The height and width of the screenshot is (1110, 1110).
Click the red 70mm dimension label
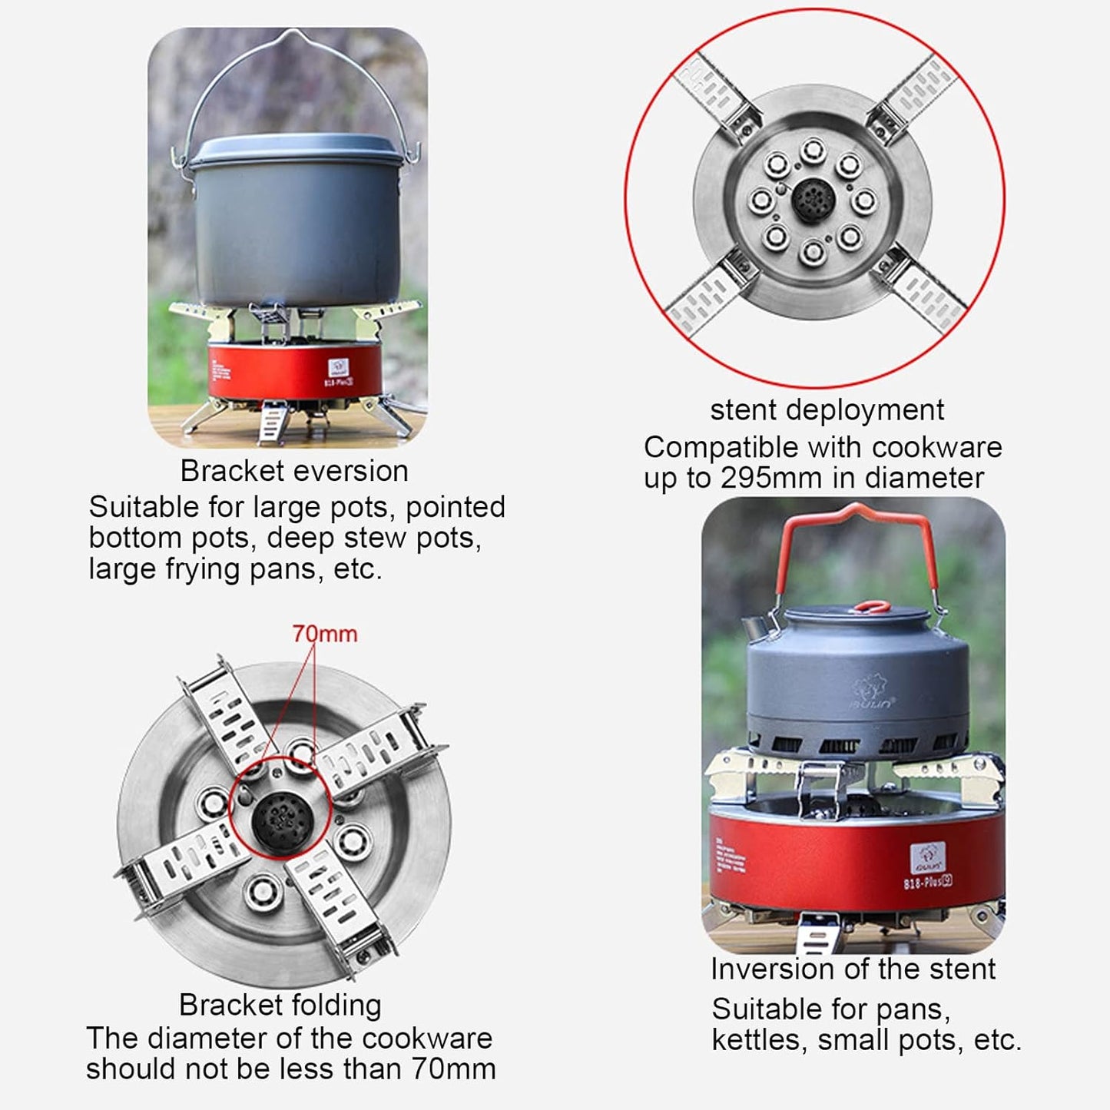click(324, 634)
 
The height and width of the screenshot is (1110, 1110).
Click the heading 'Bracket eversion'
click(294, 471)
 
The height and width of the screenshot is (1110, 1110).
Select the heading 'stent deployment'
click(827, 409)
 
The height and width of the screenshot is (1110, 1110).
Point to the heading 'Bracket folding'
click(280, 1005)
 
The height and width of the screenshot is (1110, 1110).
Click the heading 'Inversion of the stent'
click(853, 969)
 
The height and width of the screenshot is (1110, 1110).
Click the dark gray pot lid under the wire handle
click(300, 151)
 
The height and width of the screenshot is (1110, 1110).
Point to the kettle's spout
click(757, 628)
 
